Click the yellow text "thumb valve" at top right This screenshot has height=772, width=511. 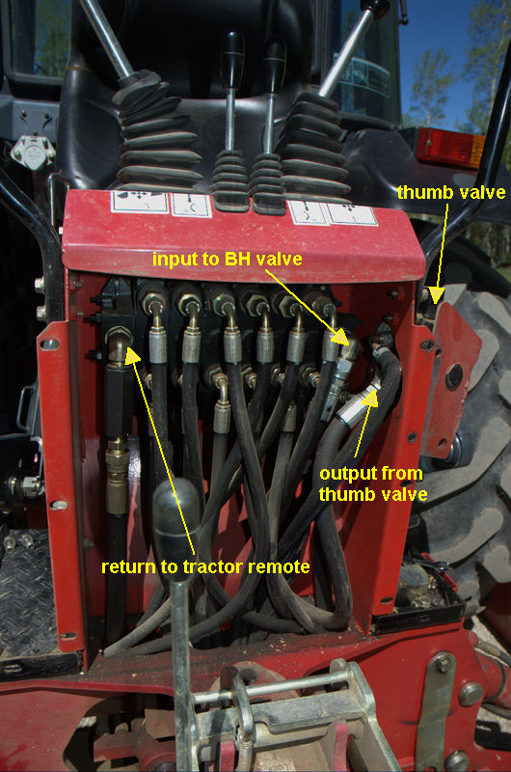click(451, 192)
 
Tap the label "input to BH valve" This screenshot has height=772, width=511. click(228, 259)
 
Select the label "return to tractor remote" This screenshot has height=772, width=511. click(205, 566)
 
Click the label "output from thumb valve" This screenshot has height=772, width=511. click(373, 483)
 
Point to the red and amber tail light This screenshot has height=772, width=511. click(450, 148)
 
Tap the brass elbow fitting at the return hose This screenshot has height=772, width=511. click(118, 344)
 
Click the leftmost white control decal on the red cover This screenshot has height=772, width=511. click(140, 202)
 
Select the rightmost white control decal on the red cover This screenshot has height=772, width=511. click(351, 213)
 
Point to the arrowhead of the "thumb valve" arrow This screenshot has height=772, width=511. click(436, 295)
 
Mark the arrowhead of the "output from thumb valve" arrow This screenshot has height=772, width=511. click(370, 398)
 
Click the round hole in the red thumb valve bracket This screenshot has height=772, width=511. click(453, 376)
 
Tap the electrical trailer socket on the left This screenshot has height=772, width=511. click(32, 152)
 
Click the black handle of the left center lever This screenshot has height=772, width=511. click(231, 59)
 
